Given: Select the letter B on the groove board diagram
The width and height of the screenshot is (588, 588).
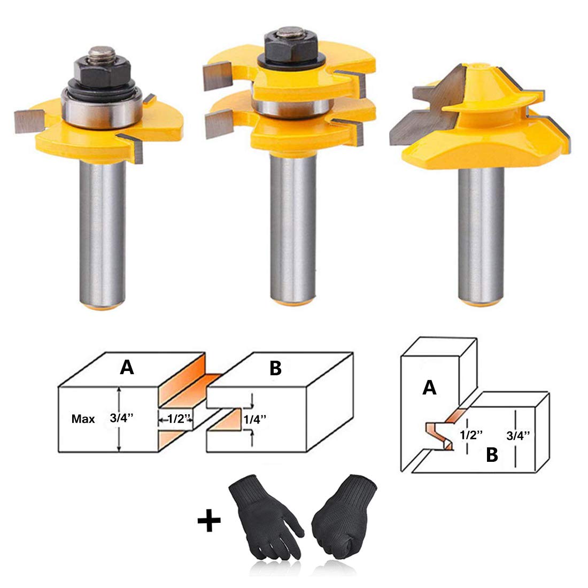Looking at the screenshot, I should click(275, 369).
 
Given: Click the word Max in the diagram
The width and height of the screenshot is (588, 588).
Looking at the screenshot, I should click(83, 419).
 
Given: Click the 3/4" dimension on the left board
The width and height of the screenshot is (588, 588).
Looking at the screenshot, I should click(121, 419).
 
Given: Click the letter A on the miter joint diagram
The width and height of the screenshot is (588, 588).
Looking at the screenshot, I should click(429, 388).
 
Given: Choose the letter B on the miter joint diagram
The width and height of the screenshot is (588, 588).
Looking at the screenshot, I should click(492, 455).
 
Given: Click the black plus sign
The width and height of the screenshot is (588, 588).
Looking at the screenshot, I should click(209, 521).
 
